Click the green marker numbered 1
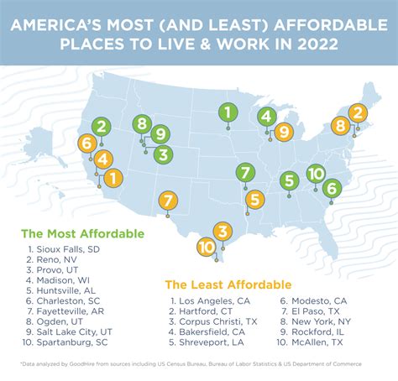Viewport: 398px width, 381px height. (x=227, y=111)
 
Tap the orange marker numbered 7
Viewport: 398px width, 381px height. (x=168, y=201)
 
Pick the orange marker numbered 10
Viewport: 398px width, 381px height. (x=206, y=247)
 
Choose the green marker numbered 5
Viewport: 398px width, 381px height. (x=289, y=180)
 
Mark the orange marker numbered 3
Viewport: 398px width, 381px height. (x=222, y=231)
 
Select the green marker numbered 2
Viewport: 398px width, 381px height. (x=100, y=128)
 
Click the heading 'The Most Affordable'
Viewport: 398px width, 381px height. (x=82, y=233)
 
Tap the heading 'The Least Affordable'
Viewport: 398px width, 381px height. (x=228, y=284)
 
